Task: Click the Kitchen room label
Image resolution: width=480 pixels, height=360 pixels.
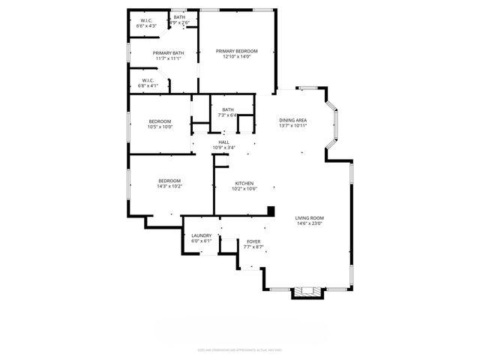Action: tap(244, 184)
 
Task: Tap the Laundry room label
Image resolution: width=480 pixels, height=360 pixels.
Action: tap(202, 235)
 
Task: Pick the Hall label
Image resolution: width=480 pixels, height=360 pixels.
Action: tap(223, 142)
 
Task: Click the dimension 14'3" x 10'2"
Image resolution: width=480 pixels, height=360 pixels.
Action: tap(169, 186)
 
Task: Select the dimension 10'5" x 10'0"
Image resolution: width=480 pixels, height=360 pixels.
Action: tap(160, 127)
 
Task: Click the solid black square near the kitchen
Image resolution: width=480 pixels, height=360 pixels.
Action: tap(271, 211)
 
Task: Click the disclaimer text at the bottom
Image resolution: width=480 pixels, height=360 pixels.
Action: tap(239, 349)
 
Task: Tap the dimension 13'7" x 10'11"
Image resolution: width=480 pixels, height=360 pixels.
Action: tap(293, 125)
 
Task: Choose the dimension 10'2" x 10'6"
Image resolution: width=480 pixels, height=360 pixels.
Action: tap(244, 189)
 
